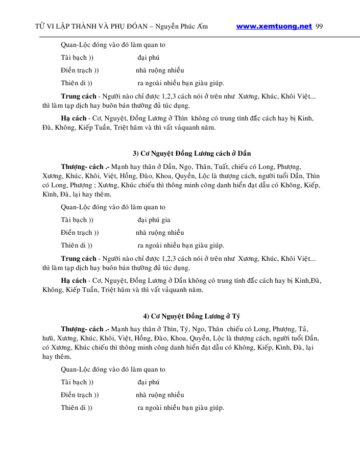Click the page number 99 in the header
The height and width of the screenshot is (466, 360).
click(319, 27)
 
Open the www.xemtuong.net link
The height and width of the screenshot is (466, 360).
click(274, 27)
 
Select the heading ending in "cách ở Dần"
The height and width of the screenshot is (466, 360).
click(191, 154)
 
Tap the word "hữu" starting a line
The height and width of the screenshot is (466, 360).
click(49, 338)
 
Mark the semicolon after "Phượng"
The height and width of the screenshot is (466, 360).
click(94, 185)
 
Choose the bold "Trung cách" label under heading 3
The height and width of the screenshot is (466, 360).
click(78, 258)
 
